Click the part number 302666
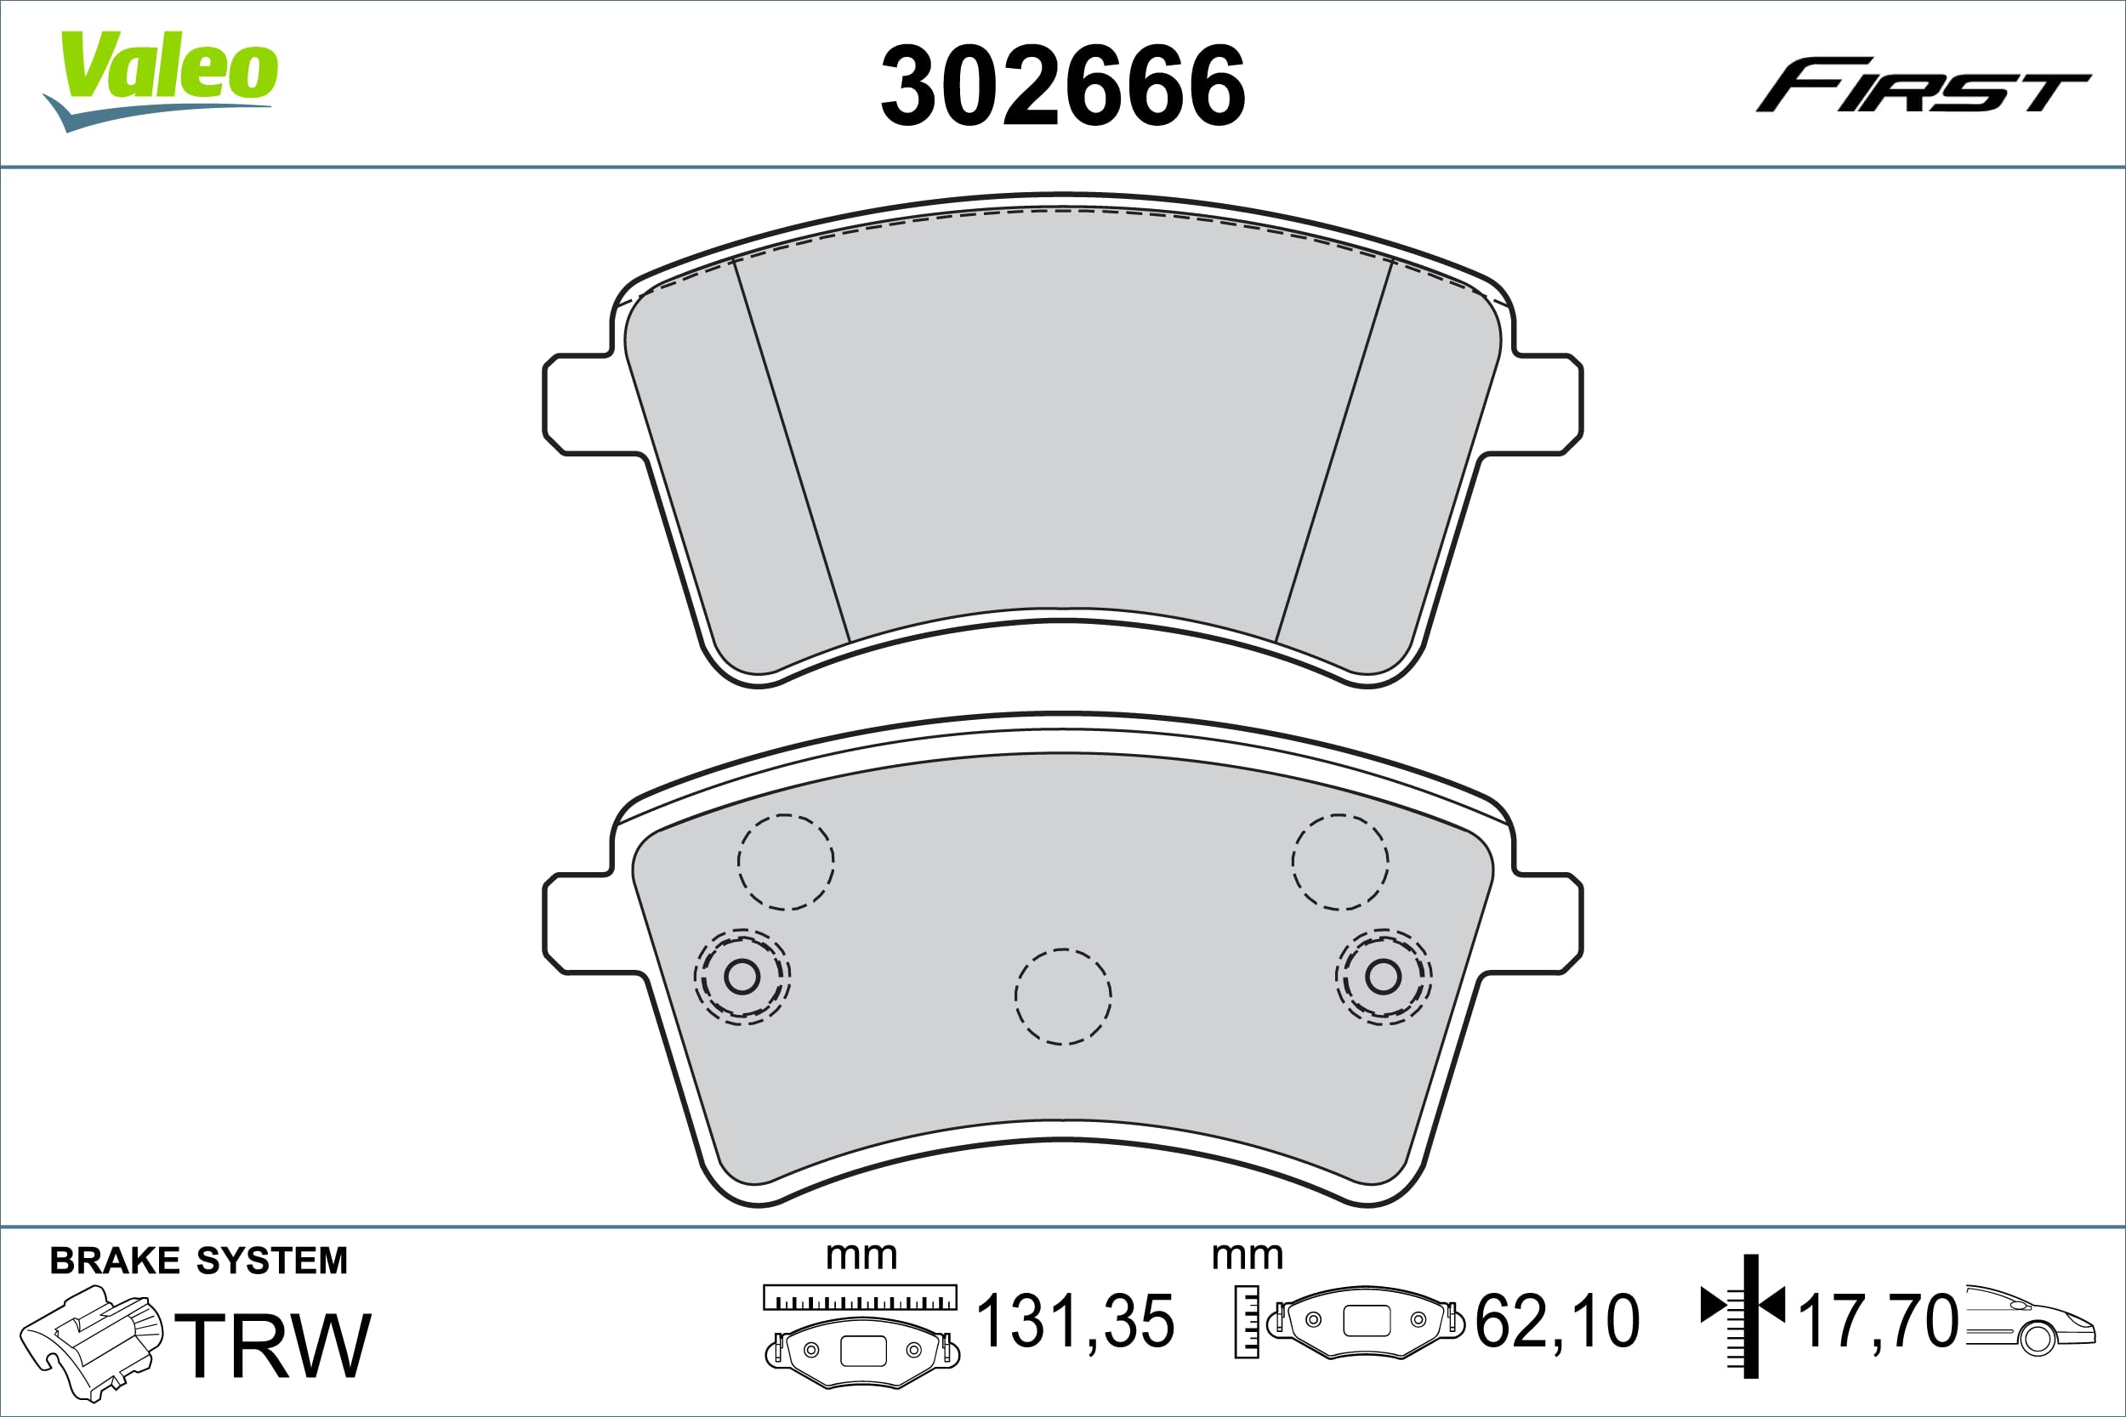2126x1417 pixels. pyautogui.click(x=1063, y=87)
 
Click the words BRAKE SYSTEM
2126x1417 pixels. pyautogui.click(x=199, y=1261)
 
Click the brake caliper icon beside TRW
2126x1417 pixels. pyautogui.click(x=90, y=1343)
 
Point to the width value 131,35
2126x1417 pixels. pyautogui.click(x=1076, y=1322)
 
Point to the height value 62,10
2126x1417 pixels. pyautogui.click(x=1557, y=1322)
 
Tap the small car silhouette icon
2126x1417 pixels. pyautogui.click(x=2028, y=1320)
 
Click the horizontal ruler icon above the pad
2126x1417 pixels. pyautogui.click(x=860, y=1297)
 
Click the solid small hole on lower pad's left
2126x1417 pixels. pyautogui.click(x=742, y=976)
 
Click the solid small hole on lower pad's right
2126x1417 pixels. pyautogui.click(x=1383, y=976)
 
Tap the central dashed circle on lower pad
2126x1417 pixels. pyautogui.click(x=1063, y=997)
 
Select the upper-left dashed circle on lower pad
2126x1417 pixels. pyautogui.click(x=786, y=862)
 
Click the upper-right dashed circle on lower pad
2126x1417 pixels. pyautogui.click(x=1339, y=862)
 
